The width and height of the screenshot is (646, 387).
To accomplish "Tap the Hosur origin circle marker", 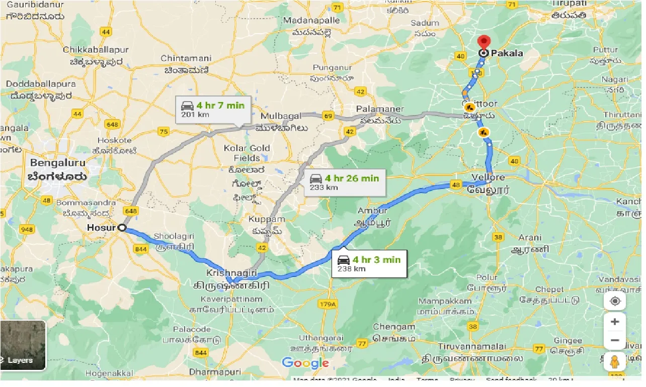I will [x=122, y=228].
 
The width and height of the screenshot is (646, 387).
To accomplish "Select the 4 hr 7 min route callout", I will [x=214, y=110].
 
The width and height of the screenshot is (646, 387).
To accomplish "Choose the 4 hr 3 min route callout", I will [x=369, y=263].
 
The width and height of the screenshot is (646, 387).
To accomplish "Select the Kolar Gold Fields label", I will [x=247, y=153].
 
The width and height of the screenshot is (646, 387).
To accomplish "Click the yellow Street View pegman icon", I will [x=615, y=361].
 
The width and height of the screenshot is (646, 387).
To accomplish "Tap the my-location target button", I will [x=615, y=302].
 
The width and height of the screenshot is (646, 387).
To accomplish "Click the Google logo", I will [x=305, y=363].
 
